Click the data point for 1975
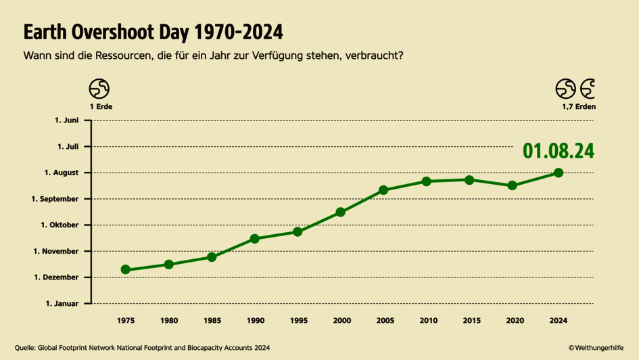125,269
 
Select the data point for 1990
255,239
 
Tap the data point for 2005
383,190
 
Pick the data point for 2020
513,185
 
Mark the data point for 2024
559,173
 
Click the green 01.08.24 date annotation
558,151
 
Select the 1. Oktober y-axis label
60,225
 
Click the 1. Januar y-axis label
62,304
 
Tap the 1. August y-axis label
62,173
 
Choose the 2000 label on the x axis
341,321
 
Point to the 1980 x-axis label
168,321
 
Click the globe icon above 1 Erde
99,89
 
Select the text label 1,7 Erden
578,107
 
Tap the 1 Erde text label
101,107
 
